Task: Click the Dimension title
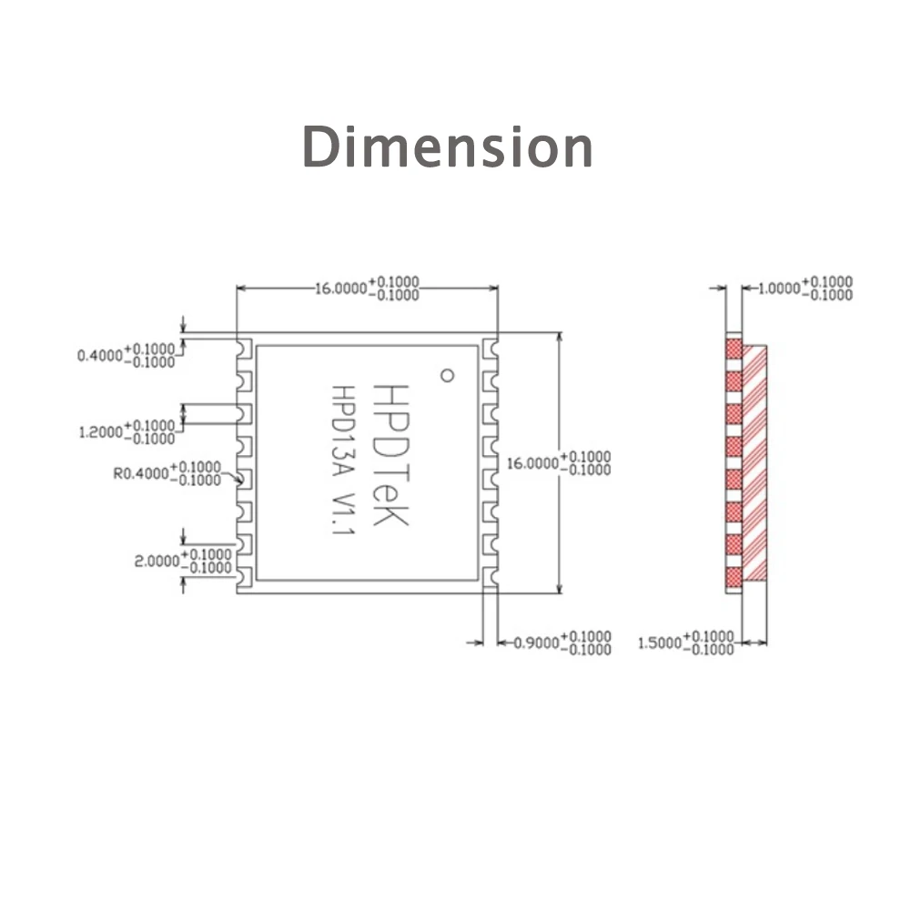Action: (447, 147)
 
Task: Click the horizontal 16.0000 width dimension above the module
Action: (367, 288)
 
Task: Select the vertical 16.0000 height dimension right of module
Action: (558, 462)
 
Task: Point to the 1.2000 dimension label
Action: (127, 431)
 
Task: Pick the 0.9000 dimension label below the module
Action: (562, 643)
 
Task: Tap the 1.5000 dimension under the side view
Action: (685, 643)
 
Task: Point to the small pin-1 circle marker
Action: (446, 373)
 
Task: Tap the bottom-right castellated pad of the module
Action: (490, 576)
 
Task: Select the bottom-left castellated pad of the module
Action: (244, 576)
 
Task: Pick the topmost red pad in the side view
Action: (734, 350)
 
